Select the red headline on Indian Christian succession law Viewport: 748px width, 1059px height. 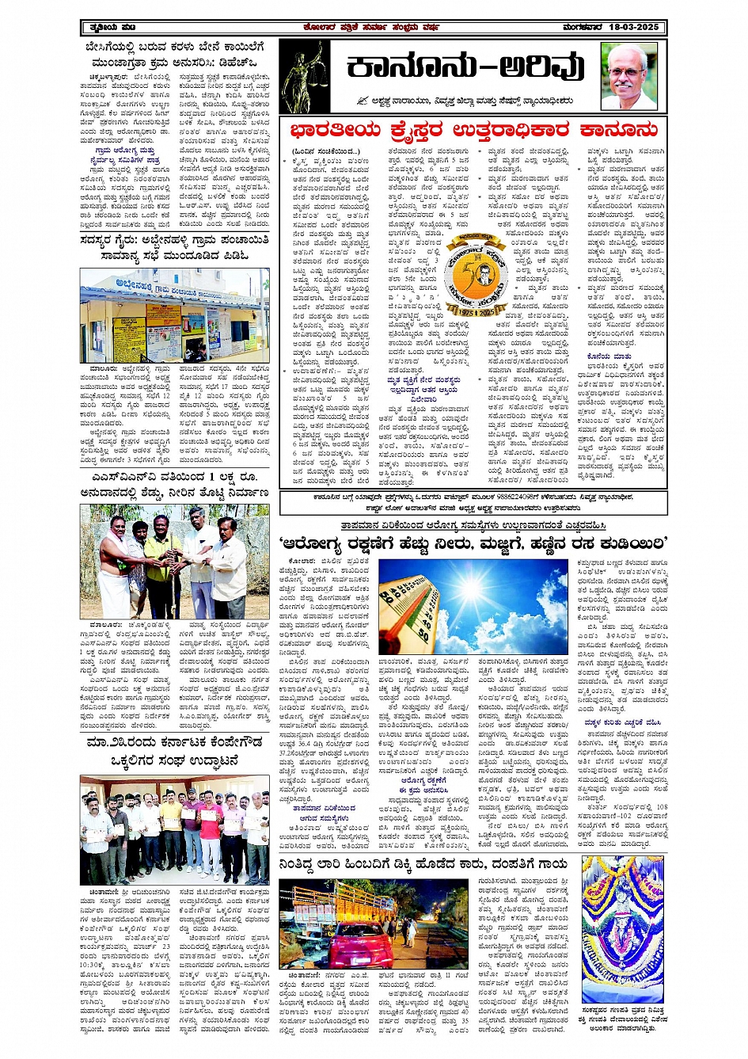click(x=473, y=130)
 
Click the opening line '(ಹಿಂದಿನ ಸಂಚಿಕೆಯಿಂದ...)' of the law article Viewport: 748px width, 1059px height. click(x=321, y=151)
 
